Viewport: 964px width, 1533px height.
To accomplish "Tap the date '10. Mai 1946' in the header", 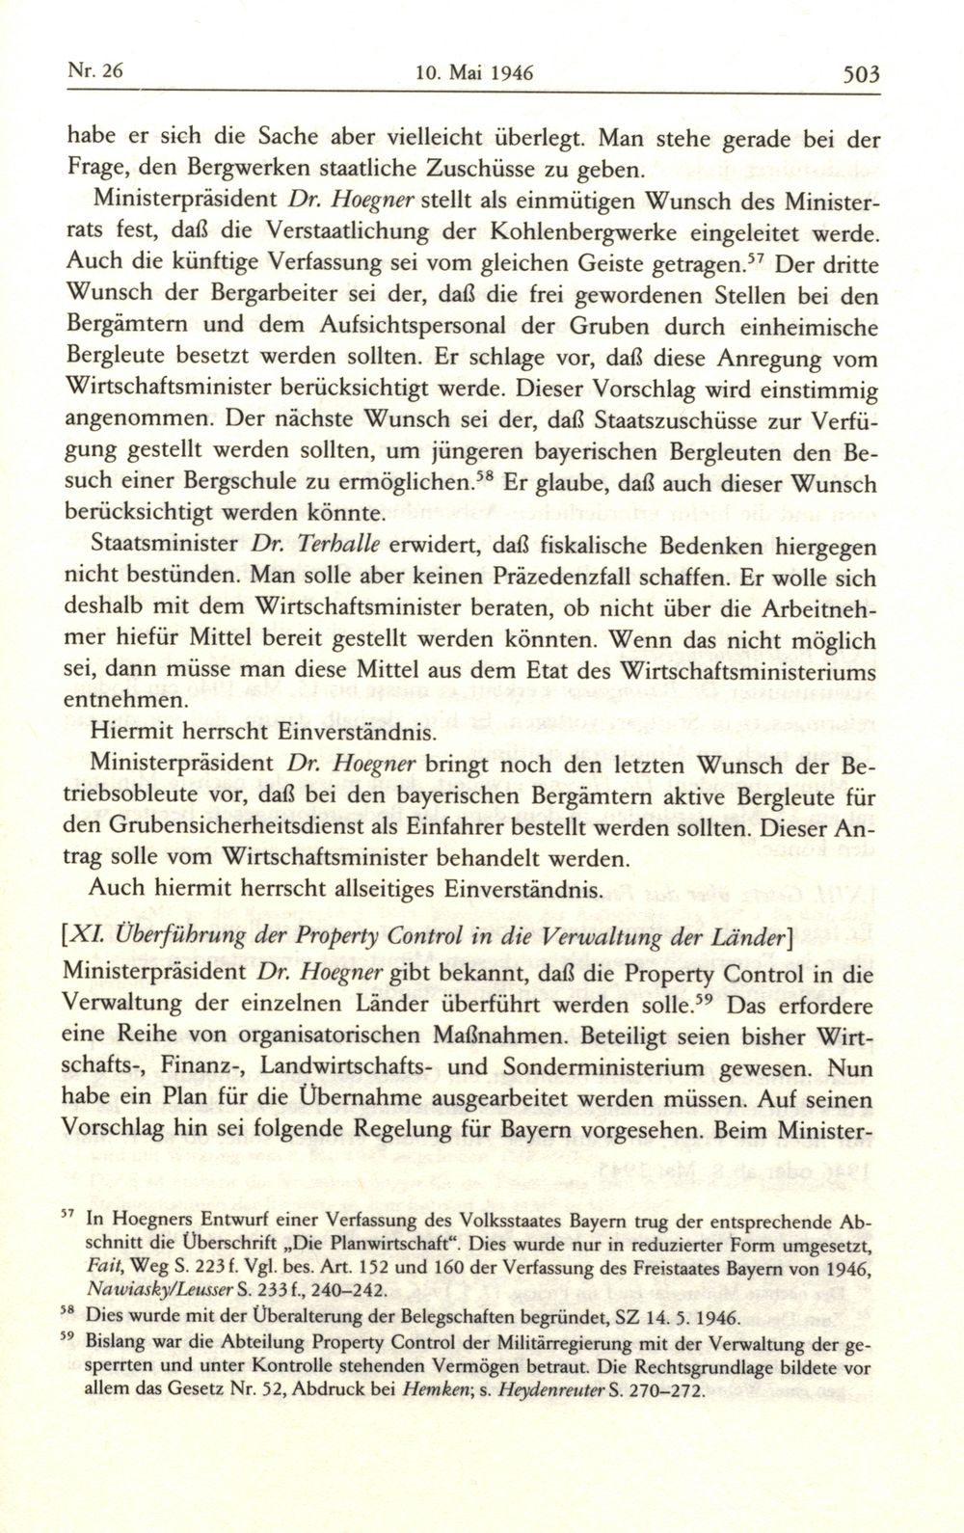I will [474, 72].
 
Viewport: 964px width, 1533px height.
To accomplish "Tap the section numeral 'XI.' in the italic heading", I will [98, 941].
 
